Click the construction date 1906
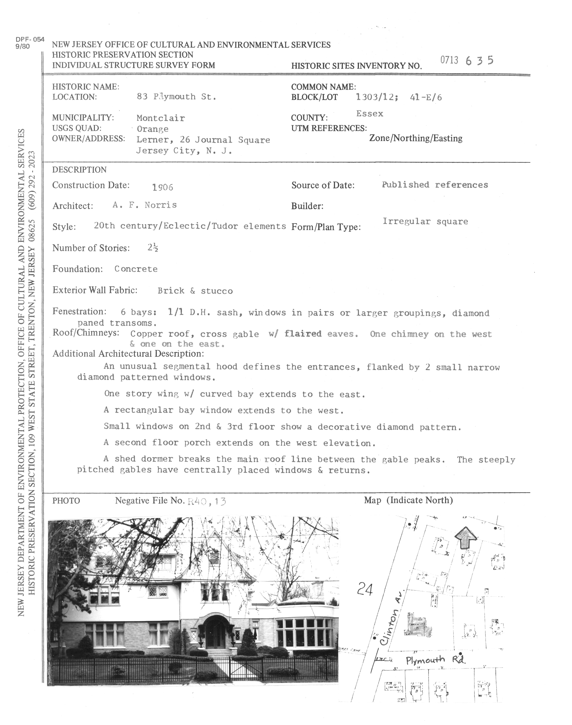coord(162,187)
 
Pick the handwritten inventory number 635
coord(479,61)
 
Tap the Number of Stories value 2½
coord(153,248)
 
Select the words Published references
coord(435,185)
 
